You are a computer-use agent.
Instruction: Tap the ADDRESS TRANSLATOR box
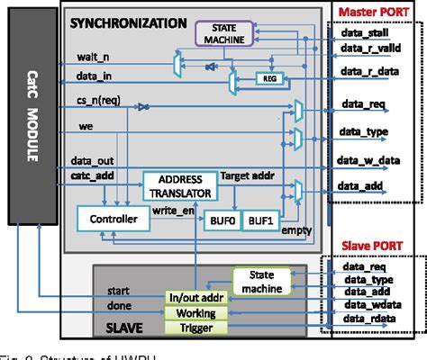click(178, 186)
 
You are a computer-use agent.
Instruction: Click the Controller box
click(107, 219)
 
